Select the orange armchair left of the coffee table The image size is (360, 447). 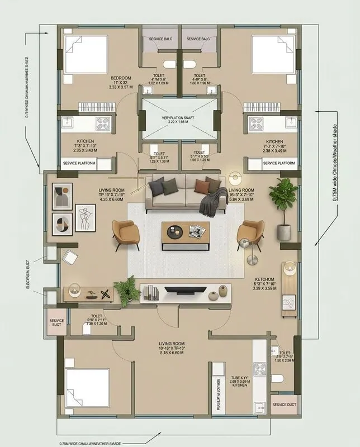point(123,232)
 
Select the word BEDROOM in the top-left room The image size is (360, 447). point(120,78)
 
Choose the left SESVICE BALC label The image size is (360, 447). point(160,39)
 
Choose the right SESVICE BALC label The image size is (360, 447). point(198,39)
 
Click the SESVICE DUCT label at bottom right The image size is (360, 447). point(284,405)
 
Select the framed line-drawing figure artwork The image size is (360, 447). point(85,217)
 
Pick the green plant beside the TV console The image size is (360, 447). point(127,290)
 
